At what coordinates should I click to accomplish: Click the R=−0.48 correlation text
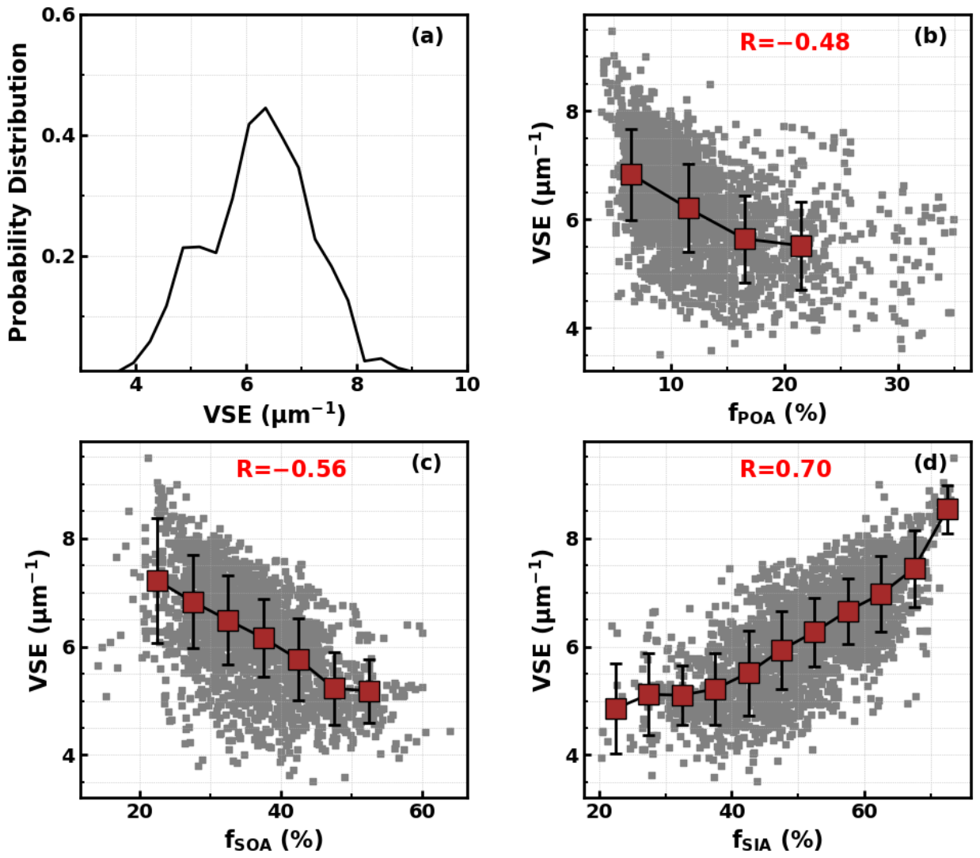[x=795, y=42]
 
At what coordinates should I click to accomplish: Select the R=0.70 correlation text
[x=785, y=469]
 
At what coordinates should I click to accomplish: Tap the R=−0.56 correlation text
[x=291, y=469]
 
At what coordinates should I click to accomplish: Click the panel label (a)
[x=427, y=36]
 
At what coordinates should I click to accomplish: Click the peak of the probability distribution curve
[x=265, y=108]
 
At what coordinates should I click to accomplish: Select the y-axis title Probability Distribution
[x=19, y=192]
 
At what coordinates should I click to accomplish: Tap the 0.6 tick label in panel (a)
[x=59, y=15]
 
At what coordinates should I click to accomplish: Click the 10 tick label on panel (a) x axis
[x=468, y=385]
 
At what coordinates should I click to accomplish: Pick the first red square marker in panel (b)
[x=631, y=175]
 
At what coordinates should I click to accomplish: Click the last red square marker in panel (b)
[x=801, y=245]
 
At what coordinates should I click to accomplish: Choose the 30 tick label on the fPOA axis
[x=897, y=385]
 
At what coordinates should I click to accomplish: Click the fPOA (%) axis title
[x=778, y=413]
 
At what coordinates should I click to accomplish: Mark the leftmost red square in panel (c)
[x=158, y=581]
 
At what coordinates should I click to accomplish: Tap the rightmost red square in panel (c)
[x=370, y=692]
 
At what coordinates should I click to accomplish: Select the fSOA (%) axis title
[x=274, y=841]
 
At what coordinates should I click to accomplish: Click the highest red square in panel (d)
[x=948, y=510]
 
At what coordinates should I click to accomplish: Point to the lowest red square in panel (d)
[x=616, y=708]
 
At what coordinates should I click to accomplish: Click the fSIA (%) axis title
[x=777, y=841]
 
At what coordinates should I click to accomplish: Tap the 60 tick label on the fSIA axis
[x=864, y=811]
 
